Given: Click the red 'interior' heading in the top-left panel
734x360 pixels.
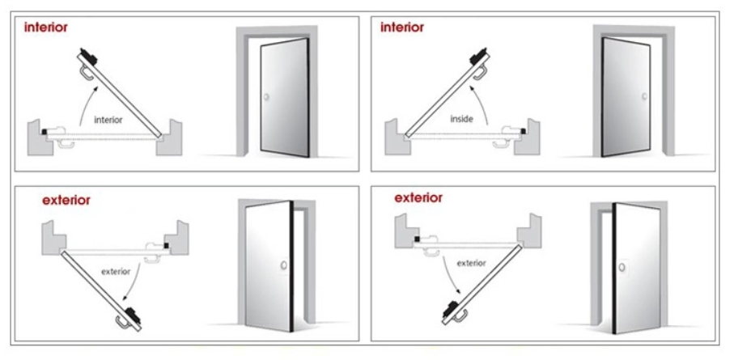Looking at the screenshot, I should tap(45, 27).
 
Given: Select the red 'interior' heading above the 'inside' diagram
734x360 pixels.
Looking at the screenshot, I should tap(401, 27).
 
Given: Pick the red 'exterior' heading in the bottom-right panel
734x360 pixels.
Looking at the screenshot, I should tap(418, 197).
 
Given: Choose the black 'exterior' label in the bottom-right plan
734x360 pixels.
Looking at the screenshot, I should tap(471, 263).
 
